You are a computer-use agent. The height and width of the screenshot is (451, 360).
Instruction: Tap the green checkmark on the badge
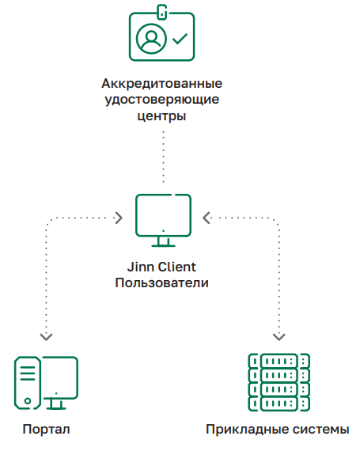pyautogui.click(x=180, y=39)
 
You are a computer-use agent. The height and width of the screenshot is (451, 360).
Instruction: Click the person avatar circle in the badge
pyautogui.click(x=151, y=39)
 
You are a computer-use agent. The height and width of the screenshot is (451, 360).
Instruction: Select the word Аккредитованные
pyautogui.click(x=162, y=84)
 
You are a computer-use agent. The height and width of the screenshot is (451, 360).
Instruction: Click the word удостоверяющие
pyautogui.click(x=162, y=100)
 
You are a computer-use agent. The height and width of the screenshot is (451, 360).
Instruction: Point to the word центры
pyautogui.click(x=161, y=116)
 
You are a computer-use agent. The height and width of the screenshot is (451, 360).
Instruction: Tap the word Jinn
pyautogui.click(x=140, y=267)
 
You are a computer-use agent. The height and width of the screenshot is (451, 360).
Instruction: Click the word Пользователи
pyautogui.click(x=162, y=283)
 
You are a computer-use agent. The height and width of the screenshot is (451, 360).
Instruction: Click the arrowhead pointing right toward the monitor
pyautogui.click(x=119, y=218)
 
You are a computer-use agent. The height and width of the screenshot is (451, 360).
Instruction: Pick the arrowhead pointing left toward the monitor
pyautogui.click(x=207, y=218)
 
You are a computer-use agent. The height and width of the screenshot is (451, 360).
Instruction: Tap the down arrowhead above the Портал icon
pyautogui.click(x=46, y=337)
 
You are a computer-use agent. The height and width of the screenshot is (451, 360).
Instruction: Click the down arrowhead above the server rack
pyautogui.click(x=279, y=337)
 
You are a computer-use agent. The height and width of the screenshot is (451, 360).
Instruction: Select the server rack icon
pyautogui.click(x=279, y=382)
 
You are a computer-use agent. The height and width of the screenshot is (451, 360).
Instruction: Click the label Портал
pyautogui.click(x=47, y=430)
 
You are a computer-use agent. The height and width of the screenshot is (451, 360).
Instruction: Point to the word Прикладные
pyautogui.click(x=247, y=430)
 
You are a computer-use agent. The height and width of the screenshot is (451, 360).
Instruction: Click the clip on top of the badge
pyautogui.click(x=162, y=12)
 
